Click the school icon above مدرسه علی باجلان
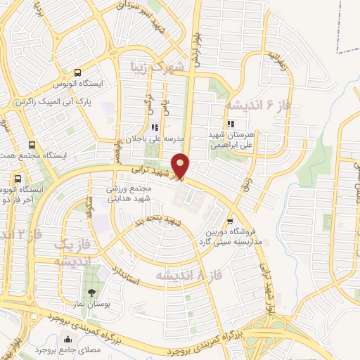(x=155, y=127)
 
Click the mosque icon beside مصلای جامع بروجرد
(x=66, y=341)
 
